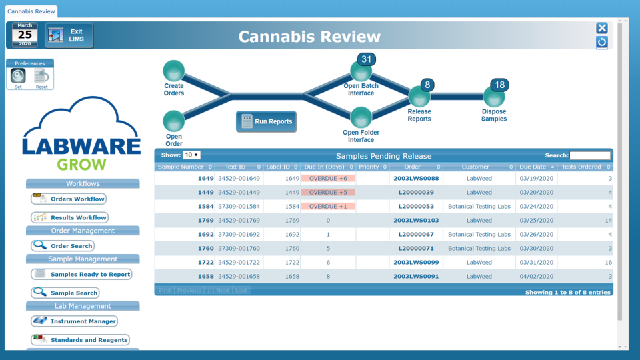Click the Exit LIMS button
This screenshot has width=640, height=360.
[69, 35]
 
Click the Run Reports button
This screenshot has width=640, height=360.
[266, 122]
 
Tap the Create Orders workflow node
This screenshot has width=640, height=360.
[174, 71]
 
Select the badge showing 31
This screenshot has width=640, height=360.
[366, 59]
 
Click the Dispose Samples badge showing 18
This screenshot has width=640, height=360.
[499, 85]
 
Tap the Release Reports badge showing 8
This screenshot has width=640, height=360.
[427, 85]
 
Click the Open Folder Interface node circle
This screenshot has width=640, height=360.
[361, 118]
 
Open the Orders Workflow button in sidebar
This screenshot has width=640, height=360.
[69, 199]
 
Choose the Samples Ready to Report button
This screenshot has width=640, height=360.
[81, 274]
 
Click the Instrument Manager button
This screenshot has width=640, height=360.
[74, 321]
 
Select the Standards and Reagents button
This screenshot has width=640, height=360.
[80, 340]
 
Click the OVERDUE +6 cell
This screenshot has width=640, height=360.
[328, 179]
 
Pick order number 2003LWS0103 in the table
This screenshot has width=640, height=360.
[416, 221]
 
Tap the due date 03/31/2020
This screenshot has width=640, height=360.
[537, 263]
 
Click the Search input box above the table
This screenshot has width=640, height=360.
[589, 155]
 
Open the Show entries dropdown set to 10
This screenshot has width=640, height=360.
[191, 155]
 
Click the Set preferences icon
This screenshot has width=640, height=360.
[19, 76]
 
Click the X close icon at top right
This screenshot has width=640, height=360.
[601, 28]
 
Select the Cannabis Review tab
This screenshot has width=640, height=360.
[31, 11]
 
